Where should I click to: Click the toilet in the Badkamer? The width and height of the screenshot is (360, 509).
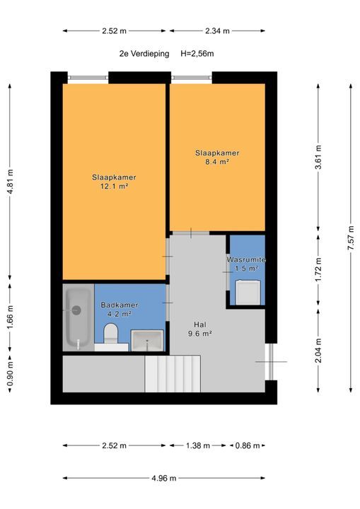[110, 333]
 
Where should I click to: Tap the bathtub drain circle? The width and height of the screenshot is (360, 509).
[76, 310]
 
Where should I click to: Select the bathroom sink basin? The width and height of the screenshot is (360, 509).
[147, 340]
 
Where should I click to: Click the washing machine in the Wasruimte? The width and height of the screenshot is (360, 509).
[248, 293]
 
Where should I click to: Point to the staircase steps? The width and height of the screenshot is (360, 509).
[173, 374]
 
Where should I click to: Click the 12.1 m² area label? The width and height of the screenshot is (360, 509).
[114, 187]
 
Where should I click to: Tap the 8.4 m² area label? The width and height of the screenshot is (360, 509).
[217, 162]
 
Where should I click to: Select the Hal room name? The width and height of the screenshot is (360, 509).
[200, 324]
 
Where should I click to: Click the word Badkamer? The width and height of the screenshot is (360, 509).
[120, 305]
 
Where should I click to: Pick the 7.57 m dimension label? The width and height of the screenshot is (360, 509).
[351, 238]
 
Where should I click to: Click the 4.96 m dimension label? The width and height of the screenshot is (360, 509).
[164, 478]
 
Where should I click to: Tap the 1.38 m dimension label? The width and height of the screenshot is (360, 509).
[198, 445]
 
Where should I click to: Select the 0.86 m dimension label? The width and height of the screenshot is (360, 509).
[248, 445]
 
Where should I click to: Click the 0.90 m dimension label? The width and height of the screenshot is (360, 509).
[10, 374]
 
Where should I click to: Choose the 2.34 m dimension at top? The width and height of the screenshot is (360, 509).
[217, 31]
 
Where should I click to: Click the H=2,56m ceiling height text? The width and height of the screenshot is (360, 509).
[197, 54]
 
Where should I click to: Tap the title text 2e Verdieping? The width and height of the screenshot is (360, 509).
[144, 54]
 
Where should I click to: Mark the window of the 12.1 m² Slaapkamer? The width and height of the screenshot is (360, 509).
[88, 78]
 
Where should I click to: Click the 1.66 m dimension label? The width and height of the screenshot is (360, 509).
[10, 317]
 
